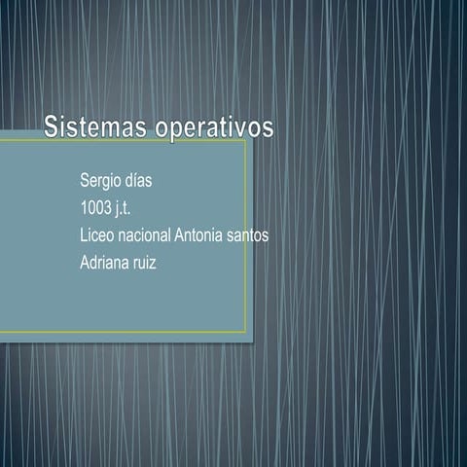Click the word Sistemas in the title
tap(92, 126)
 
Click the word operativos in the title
tap(211, 128)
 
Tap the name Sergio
tap(103, 182)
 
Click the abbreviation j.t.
tap(134, 208)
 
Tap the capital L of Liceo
tap(84, 234)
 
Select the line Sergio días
tap(117, 181)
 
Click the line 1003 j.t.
tap(112, 207)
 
